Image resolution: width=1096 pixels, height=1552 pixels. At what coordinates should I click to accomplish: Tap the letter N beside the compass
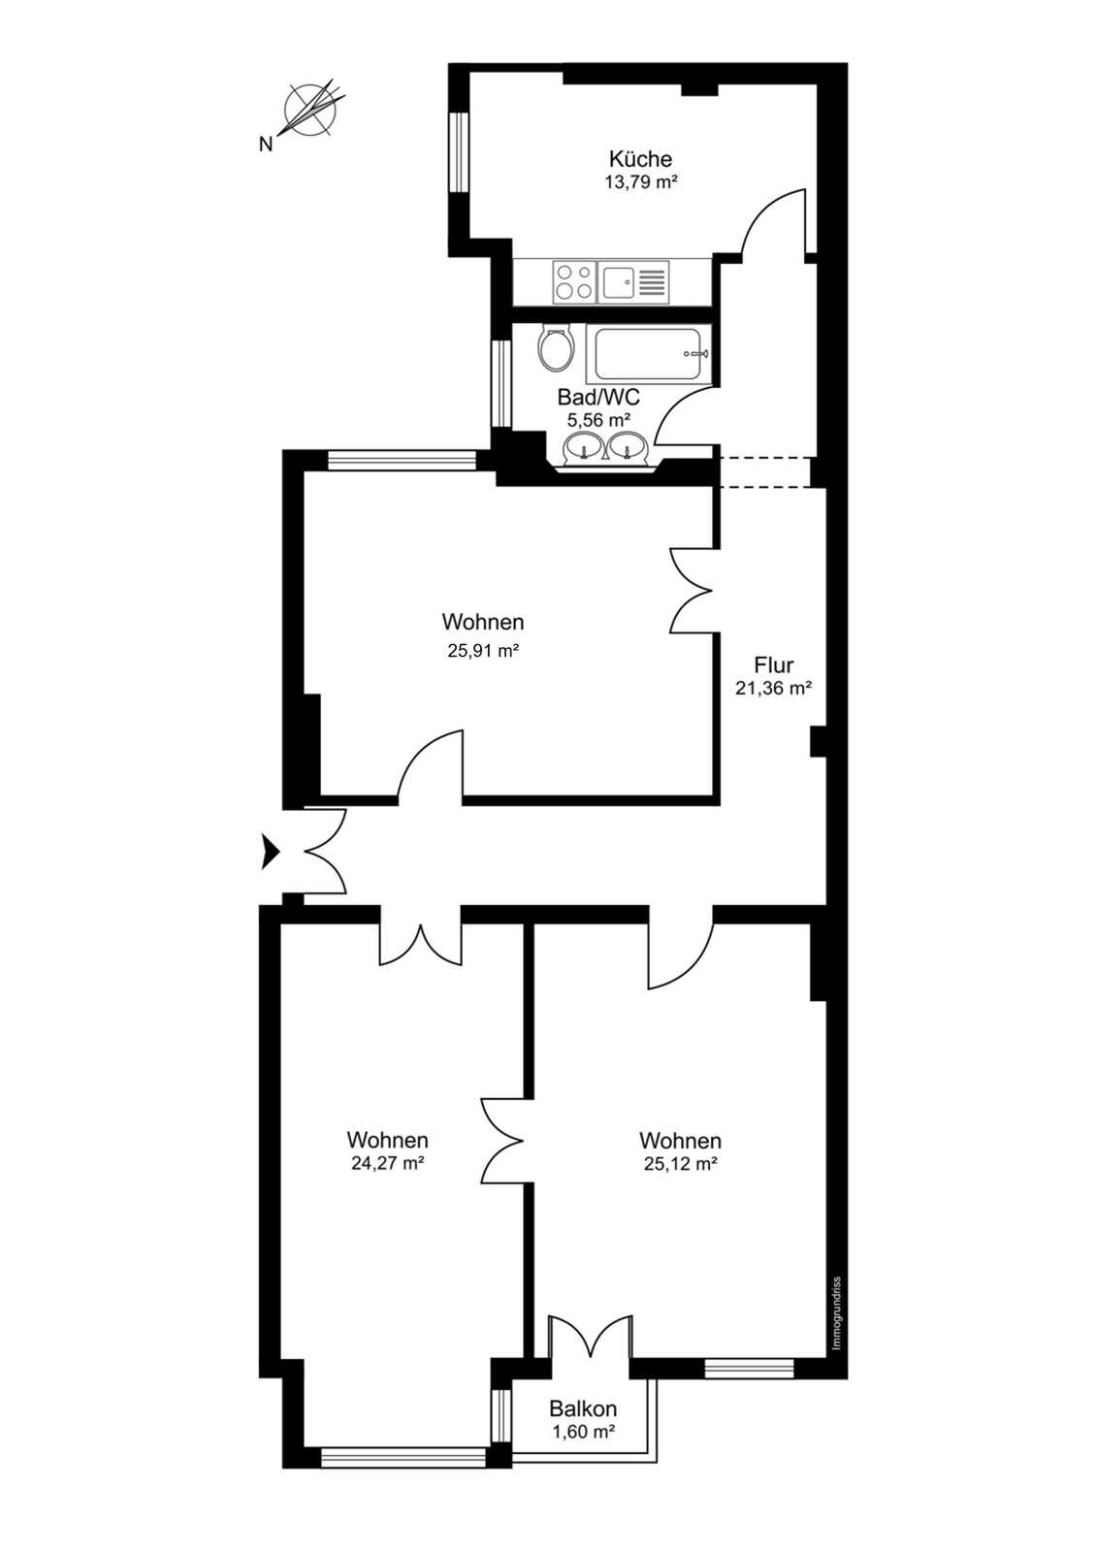(265, 145)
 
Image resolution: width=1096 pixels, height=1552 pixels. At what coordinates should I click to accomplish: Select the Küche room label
(640, 159)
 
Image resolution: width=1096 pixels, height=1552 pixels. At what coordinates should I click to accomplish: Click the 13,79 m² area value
(640, 183)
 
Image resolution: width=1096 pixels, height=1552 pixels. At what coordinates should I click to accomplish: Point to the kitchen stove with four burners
(573, 282)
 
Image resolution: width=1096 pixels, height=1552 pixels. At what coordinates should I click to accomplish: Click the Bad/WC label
(598, 398)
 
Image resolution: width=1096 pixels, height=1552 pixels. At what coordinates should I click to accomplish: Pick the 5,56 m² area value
(598, 420)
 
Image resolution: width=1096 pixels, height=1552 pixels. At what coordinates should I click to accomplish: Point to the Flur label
(773, 665)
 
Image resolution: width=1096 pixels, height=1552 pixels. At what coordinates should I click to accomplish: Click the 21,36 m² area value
(773, 688)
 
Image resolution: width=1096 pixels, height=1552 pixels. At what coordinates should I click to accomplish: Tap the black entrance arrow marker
(269, 852)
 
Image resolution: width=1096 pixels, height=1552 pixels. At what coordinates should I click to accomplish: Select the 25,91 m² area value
(483, 651)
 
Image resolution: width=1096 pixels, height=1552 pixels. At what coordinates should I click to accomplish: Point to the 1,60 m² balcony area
(583, 1432)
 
